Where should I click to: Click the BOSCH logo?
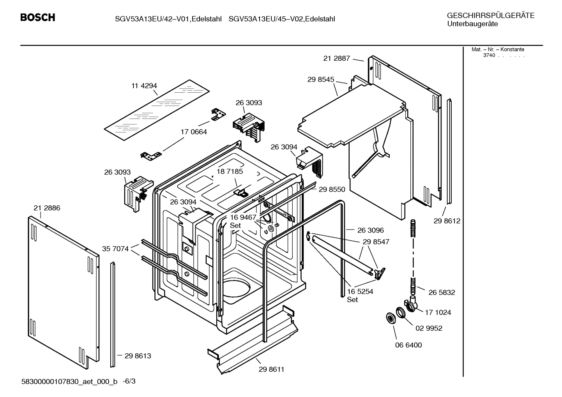tap(37, 18)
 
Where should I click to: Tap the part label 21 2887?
tap(336, 58)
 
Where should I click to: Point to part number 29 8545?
tap(320, 79)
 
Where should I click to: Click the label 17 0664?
tap(193, 132)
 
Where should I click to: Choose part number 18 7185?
tap(230, 171)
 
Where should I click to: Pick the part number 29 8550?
tap(332, 189)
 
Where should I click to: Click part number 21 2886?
tap(47, 208)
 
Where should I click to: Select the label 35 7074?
tap(115, 249)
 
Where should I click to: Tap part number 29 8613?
tap(138, 356)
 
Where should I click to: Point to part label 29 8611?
tap(271, 369)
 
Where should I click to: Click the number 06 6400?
tap(408, 345)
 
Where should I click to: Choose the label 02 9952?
tap(429, 328)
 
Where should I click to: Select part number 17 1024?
tap(438, 312)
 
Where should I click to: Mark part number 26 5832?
tap(442, 292)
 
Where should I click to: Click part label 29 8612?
tap(447, 221)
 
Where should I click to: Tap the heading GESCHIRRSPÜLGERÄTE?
tap(490, 16)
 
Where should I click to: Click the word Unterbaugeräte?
tap(472, 24)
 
